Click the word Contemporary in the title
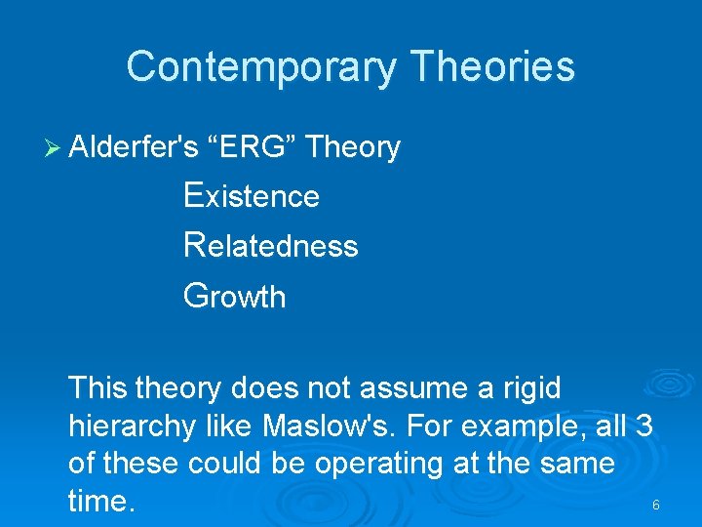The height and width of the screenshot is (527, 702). coord(261,67)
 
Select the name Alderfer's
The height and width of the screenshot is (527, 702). coord(135,147)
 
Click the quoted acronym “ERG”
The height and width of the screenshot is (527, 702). coord(253,147)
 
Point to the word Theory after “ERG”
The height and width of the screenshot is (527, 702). coord(353,147)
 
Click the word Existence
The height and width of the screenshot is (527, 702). coord(252,196)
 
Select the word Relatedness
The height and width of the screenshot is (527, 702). coord(271,245)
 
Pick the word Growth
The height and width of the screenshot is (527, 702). coord(235,296)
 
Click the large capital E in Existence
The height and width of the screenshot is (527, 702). coord(193,195)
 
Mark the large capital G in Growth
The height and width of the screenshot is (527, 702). coord(196,295)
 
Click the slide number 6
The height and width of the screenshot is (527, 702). coord(655,506)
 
